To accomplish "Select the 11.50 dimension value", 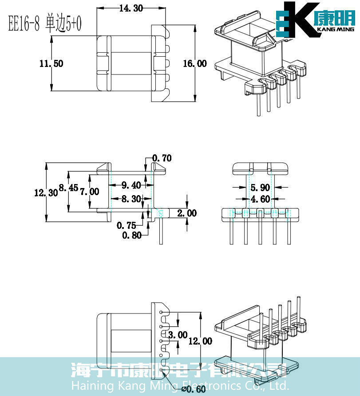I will coord(51,63).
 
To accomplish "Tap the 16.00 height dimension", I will coord(195,63).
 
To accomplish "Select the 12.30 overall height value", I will coord(46,192).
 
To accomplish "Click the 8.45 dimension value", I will coord(68,188).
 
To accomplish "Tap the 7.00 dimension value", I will coord(89,192).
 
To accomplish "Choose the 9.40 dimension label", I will coord(131,184).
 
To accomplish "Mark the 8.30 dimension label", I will coord(131,199).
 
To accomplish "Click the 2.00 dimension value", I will coord(187,213).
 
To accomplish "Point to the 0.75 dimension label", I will coord(127,226).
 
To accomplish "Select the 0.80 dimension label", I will coord(132,235).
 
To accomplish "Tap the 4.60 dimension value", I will coord(260,199).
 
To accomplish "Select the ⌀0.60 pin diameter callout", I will coord(193,389).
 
